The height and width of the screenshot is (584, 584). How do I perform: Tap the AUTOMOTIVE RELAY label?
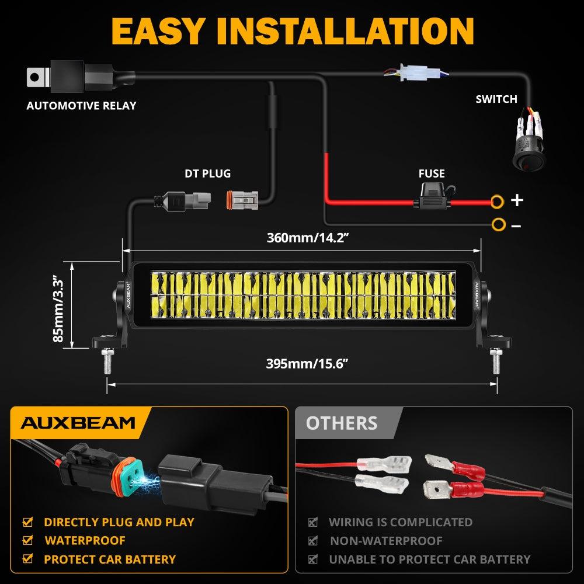click(81, 106)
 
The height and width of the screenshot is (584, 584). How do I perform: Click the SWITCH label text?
click(496, 99)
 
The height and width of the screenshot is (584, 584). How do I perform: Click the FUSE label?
click(432, 173)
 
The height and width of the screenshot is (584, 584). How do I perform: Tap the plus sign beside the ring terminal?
click(517, 201)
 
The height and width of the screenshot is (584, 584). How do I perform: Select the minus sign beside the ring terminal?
click(516, 225)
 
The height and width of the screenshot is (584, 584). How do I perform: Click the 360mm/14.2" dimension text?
click(303, 238)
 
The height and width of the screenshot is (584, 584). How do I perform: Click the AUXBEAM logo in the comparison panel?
click(78, 422)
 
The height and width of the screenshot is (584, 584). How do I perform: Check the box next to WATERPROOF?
click(27, 541)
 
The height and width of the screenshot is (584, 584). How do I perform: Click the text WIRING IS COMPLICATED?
click(400, 522)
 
